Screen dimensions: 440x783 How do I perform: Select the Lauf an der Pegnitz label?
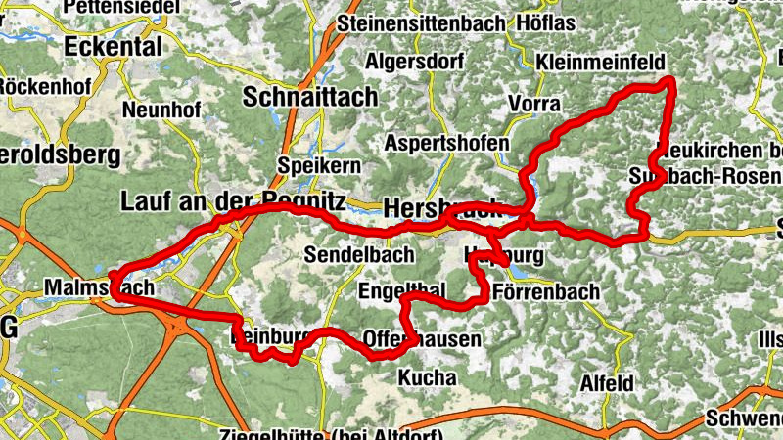click(233, 202)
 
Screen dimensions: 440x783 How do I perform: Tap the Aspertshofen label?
click(447, 143)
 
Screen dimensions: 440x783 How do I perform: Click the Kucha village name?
click(428, 376)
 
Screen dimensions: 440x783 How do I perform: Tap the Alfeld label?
click(607, 382)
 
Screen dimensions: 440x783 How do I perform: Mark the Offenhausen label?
click(422, 339)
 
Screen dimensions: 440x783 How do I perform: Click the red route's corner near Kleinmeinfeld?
click(669, 80)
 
